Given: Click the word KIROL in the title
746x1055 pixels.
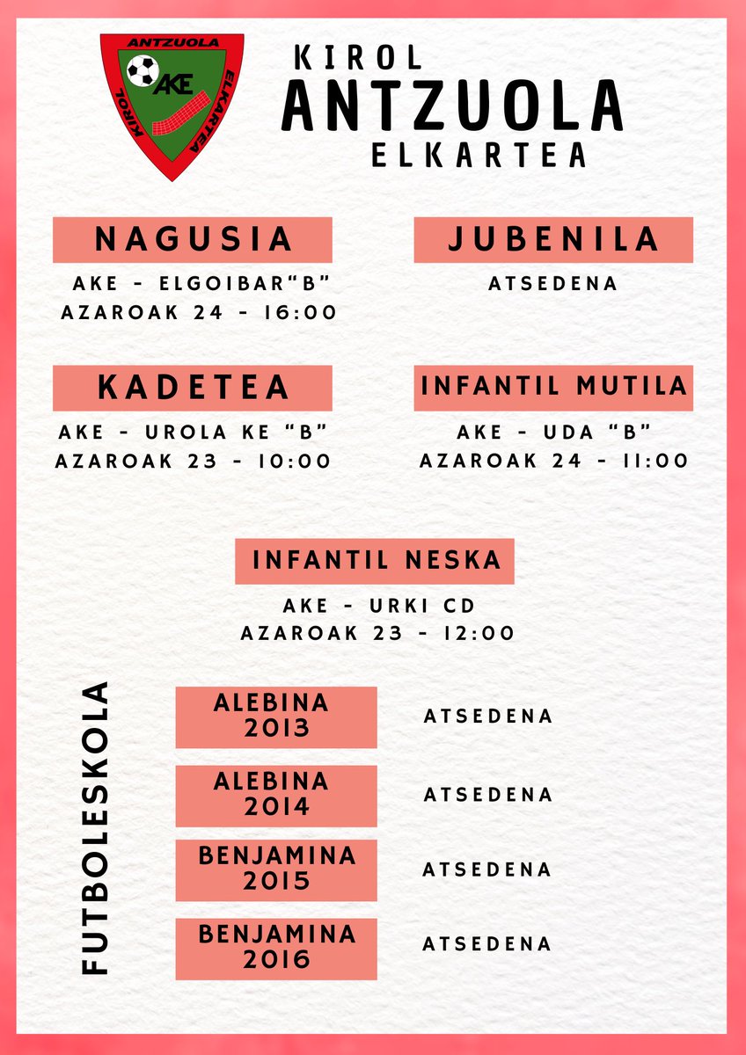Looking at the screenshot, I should tap(359, 59).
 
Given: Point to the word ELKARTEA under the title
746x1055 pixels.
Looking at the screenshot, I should tap(479, 155).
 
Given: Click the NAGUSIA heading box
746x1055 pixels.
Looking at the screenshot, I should tap(193, 239).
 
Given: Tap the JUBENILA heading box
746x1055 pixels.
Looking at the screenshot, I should tap(553, 239).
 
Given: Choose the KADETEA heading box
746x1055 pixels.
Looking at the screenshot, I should tap(193, 388).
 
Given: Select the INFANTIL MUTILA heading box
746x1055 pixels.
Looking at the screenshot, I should tap(553, 387).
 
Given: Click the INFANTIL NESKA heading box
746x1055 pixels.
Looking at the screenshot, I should tap(375, 560).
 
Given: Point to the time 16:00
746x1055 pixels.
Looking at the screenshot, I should tap(297, 313).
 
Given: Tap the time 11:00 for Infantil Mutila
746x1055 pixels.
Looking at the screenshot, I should tap(648, 462).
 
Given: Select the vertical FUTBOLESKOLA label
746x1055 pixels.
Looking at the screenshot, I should tap(95, 827).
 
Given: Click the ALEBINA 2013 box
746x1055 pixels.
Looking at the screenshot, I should tap(276, 717).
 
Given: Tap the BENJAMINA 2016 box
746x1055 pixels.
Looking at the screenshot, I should tap(276, 948).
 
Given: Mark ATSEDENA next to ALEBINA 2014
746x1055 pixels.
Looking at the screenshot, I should tap(488, 795).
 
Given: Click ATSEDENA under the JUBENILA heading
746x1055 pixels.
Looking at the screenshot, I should tap(553, 284).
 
